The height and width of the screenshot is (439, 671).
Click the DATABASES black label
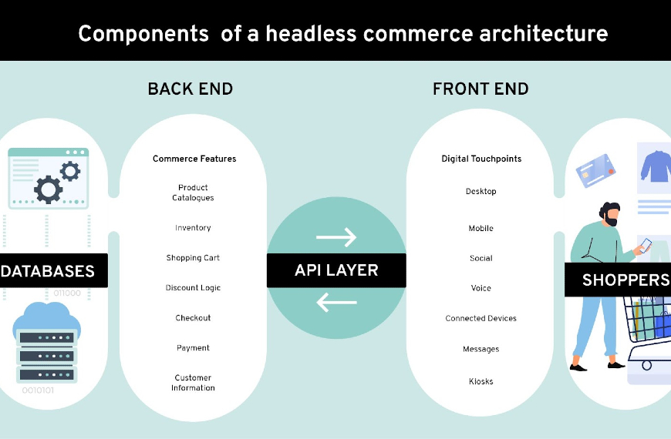(x=53, y=270)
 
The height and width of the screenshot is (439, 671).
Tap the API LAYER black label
(x=336, y=270)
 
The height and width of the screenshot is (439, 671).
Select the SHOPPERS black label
(x=618, y=280)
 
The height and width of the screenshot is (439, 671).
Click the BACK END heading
(x=191, y=89)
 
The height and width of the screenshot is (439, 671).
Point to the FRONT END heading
(x=480, y=89)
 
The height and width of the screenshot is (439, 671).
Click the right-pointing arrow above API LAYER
(x=336, y=236)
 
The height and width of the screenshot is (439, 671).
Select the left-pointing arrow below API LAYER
(x=336, y=302)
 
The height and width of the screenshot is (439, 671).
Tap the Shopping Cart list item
(x=193, y=258)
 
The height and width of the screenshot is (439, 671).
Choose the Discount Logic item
(x=193, y=288)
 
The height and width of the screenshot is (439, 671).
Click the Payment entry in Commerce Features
(x=193, y=348)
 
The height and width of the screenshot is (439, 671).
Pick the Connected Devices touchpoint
(x=481, y=318)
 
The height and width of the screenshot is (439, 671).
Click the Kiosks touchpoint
(x=481, y=381)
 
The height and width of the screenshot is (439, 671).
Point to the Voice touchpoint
(x=481, y=288)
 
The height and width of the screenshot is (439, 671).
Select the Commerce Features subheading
(x=194, y=159)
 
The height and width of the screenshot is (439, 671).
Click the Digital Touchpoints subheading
(x=481, y=159)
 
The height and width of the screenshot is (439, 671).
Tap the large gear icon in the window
(x=48, y=189)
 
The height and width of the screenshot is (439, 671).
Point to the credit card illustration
(x=595, y=170)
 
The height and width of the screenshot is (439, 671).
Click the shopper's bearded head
(x=610, y=214)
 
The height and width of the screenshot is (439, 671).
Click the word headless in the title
(x=311, y=34)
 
